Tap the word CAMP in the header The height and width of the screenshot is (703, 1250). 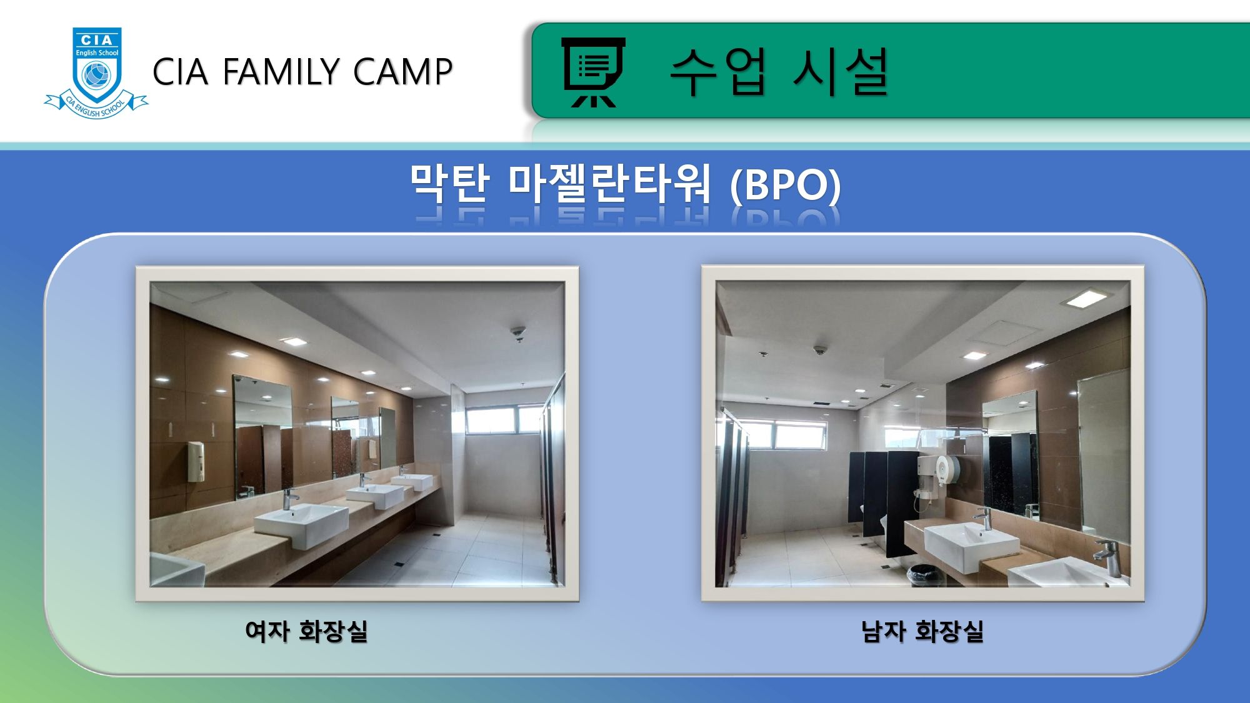(x=402, y=71)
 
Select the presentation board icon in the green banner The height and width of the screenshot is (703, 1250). (x=592, y=72)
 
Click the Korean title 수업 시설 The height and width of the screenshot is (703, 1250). (x=779, y=72)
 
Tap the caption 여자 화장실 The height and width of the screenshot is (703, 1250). (x=306, y=631)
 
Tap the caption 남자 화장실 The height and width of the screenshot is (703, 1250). (x=922, y=631)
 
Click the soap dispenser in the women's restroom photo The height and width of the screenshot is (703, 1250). (x=196, y=461)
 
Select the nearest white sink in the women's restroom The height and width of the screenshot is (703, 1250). (x=301, y=524)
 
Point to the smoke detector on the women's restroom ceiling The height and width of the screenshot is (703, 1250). (x=518, y=332)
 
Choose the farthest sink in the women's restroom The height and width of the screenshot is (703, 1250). (x=412, y=481)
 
